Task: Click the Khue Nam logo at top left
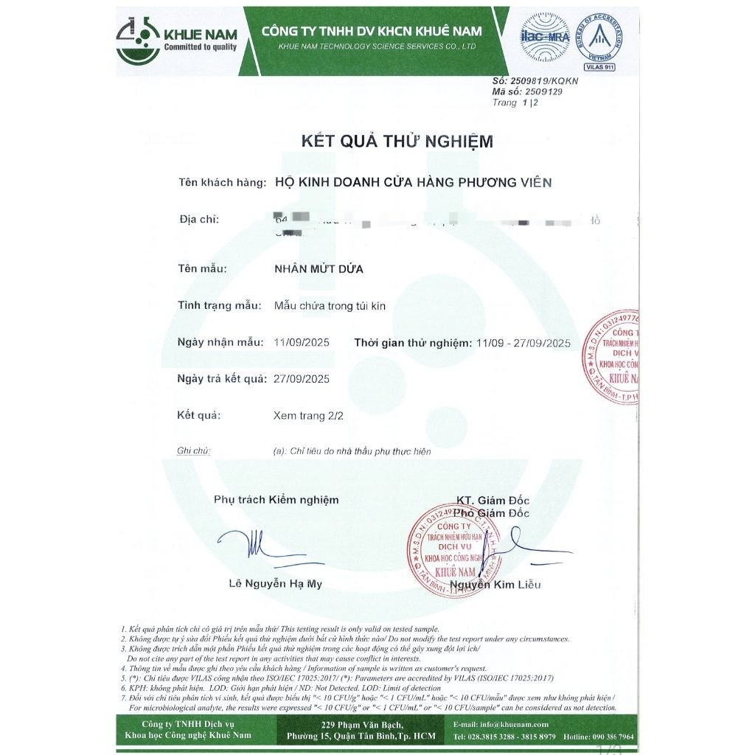pyautogui.click(x=177, y=41)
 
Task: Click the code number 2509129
pyautogui.click(x=543, y=92)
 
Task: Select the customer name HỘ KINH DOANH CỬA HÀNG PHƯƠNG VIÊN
pyautogui.click(x=412, y=182)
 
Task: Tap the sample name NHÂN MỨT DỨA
pyautogui.click(x=319, y=269)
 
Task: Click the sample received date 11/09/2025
pyautogui.click(x=302, y=343)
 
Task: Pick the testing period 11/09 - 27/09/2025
pyautogui.click(x=523, y=343)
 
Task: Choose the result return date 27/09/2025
pyautogui.click(x=302, y=379)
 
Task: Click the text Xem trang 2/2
pyautogui.click(x=308, y=416)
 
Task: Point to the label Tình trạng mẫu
pyautogui.click(x=220, y=305)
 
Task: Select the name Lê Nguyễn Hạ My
pyautogui.click(x=275, y=585)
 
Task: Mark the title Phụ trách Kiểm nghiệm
pyautogui.click(x=276, y=500)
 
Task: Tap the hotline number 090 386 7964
pyautogui.click(x=608, y=737)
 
